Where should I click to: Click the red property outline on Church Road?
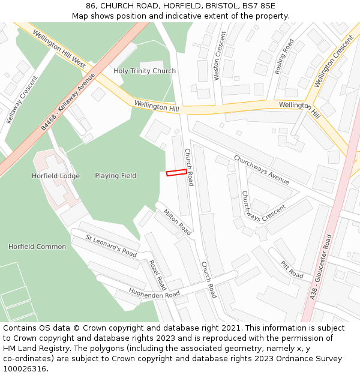click(176, 173)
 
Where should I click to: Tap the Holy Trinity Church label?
click(145, 71)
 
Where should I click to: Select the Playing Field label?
click(115, 176)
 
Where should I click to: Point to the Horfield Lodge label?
click(55, 176)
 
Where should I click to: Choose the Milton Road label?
click(177, 221)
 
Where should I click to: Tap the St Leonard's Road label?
click(111, 246)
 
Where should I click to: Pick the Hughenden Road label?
click(154, 294)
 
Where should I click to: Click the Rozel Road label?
click(158, 274)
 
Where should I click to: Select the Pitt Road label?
click(292, 269)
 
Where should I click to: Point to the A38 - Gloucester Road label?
click(320, 267)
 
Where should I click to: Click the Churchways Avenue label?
click(261, 170)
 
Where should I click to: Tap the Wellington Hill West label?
click(59, 46)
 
